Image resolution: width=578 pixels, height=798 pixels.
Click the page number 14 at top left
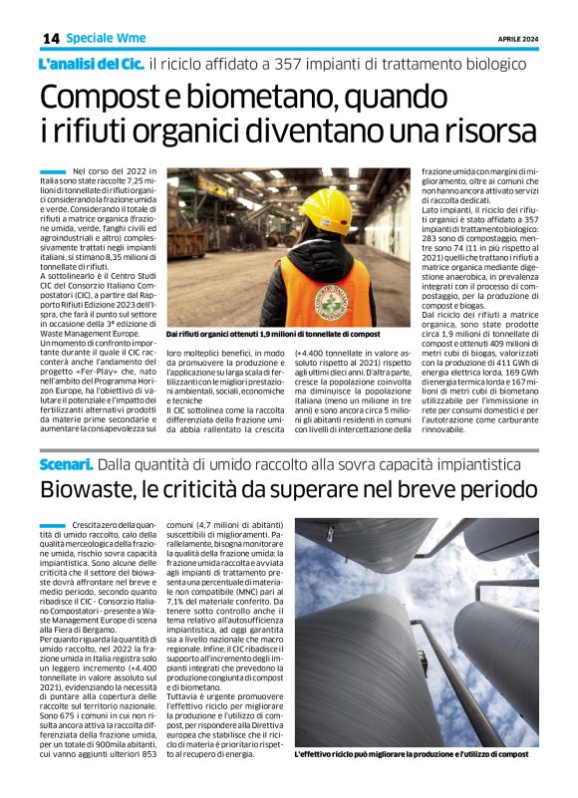click(51, 38)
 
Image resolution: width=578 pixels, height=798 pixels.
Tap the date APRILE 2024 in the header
click(517, 39)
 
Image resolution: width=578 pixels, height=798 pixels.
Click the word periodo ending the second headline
click(489, 491)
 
